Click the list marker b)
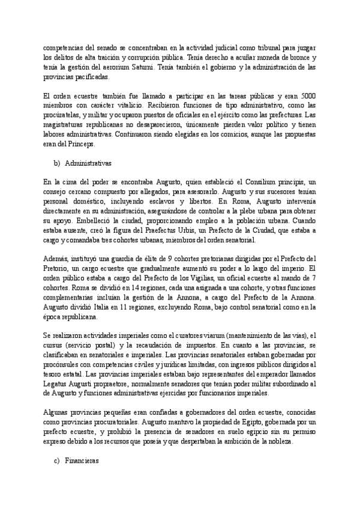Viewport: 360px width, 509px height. point(58,163)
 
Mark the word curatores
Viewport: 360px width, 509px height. point(194,336)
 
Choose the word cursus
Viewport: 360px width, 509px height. point(55,346)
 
